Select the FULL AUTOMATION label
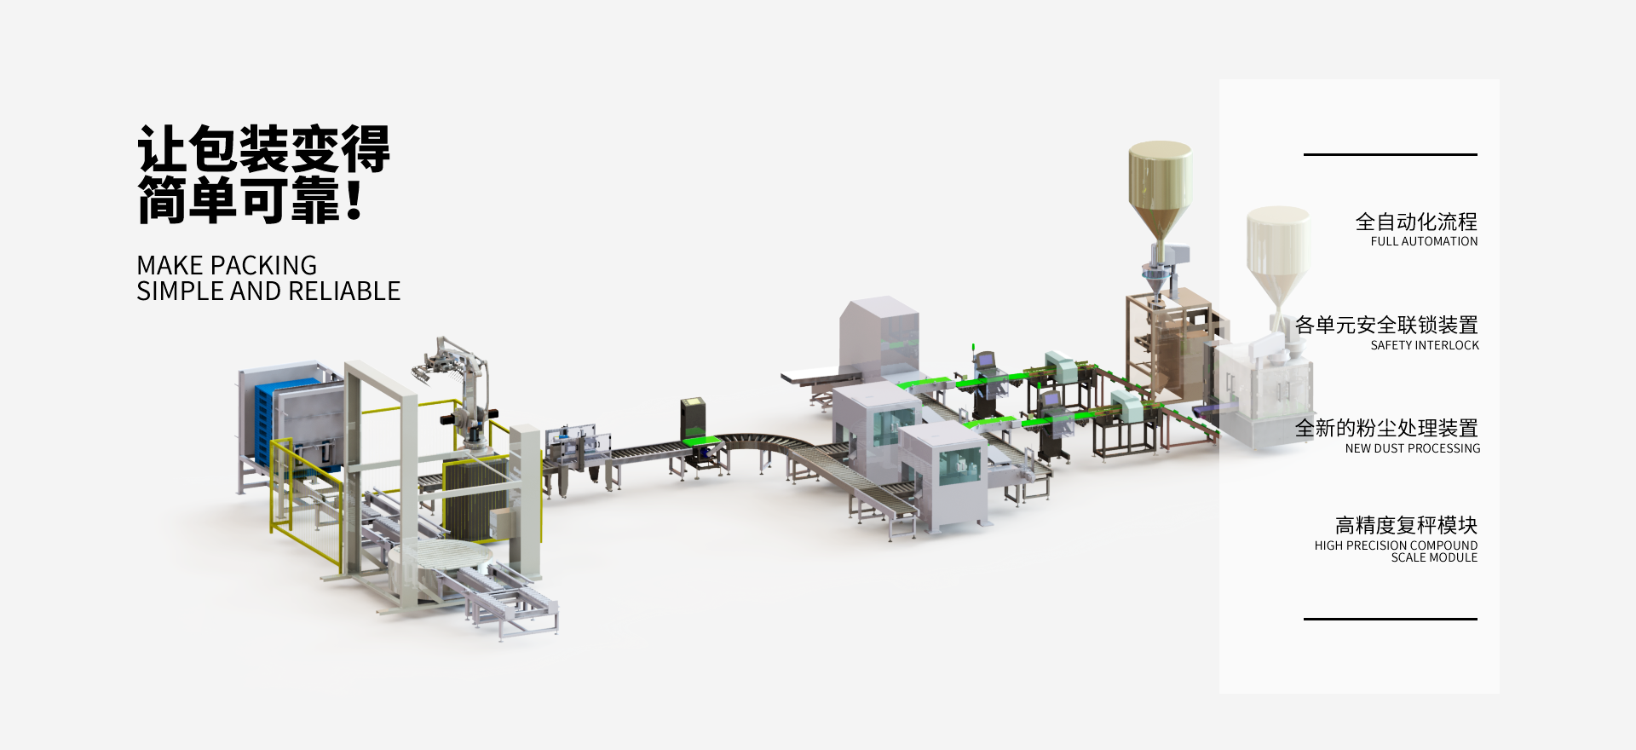[x=1424, y=241]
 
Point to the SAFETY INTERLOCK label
[x=1425, y=345]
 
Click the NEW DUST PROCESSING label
[x=1413, y=448]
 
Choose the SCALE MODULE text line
[x=1434, y=557]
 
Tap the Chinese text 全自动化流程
[x=1416, y=222]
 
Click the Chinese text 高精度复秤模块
[x=1406, y=525]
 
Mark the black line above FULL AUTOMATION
[x=1391, y=154]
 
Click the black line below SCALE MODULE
[x=1391, y=619]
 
